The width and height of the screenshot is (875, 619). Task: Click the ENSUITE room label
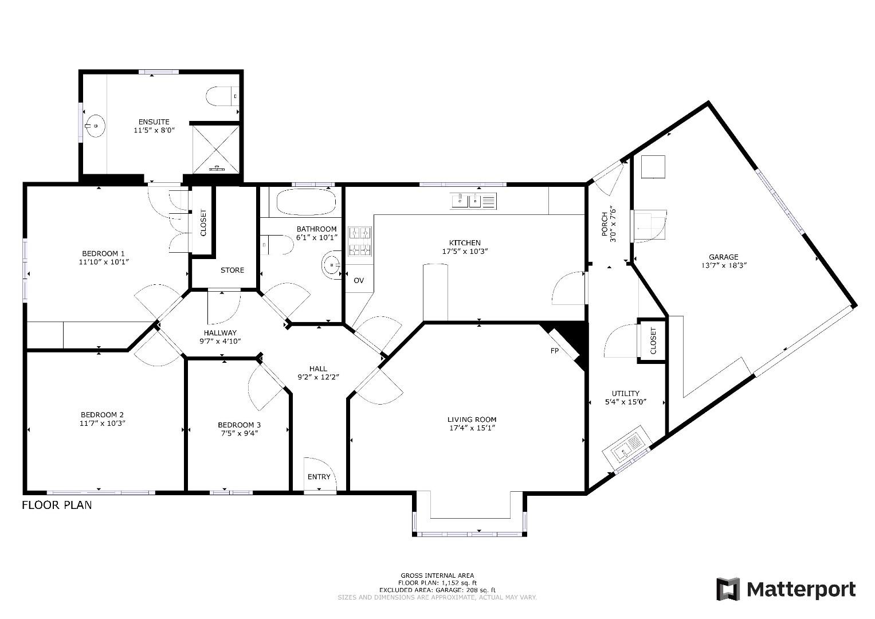pyautogui.click(x=154, y=122)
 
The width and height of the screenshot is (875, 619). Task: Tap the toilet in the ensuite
pyautogui.click(x=222, y=96)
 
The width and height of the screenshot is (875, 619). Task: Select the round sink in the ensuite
pyautogui.click(x=95, y=126)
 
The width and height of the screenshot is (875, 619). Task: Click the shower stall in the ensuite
pyautogui.click(x=216, y=149)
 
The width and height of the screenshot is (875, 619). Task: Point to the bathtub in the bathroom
pyautogui.click(x=306, y=202)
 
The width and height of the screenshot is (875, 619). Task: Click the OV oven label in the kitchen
pyautogui.click(x=359, y=280)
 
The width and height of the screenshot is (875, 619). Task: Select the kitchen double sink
pyautogui.click(x=473, y=201)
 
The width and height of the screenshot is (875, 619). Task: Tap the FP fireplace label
pyautogui.click(x=554, y=351)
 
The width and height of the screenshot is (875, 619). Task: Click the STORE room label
pyautogui.click(x=233, y=270)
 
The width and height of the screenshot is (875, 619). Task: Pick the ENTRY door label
pyautogui.click(x=319, y=477)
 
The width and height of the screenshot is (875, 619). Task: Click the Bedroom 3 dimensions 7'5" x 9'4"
pyautogui.click(x=240, y=433)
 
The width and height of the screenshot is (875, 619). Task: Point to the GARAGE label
pyautogui.click(x=724, y=257)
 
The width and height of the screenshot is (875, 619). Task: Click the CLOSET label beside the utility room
pyautogui.click(x=653, y=341)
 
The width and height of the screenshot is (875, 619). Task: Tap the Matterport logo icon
pyautogui.click(x=728, y=589)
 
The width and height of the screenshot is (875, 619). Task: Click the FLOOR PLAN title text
pyautogui.click(x=57, y=506)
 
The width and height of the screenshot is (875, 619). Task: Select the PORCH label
pyautogui.click(x=605, y=224)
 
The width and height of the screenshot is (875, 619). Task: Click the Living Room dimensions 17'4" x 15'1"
pyautogui.click(x=472, y=428)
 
